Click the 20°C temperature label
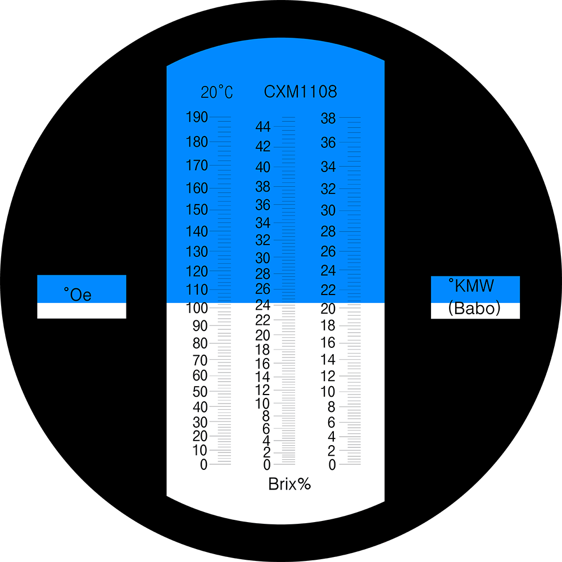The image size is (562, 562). point(217,92)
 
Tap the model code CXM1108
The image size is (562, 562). point(300,92)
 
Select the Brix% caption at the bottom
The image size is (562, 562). point(289,484)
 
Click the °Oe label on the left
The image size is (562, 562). point(78,294)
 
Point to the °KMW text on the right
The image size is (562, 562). point(472,285)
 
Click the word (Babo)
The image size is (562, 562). point(474,308)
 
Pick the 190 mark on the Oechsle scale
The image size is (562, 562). point(197,117)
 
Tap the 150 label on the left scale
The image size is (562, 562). point(197,210)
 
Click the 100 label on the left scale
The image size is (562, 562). point(197,308)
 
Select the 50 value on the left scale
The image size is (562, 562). point(200,392)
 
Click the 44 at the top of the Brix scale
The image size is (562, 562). point(262,126)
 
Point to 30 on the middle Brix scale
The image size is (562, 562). point(262,258)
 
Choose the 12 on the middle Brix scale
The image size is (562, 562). point(262,390)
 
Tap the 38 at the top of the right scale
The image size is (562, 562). point(328,118)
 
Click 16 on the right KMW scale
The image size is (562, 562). point(328,343)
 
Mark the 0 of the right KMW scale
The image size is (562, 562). point(332,465)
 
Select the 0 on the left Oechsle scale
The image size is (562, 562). point(203,465)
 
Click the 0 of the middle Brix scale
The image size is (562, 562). point(266,465)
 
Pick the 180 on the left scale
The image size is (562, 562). point(197,142)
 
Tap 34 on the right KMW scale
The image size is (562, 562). point(328,167)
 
